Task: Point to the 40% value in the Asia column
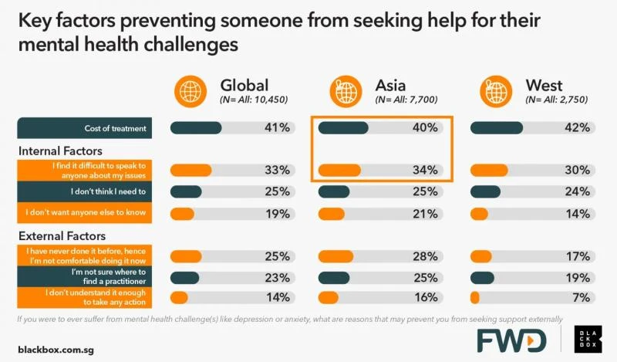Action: [425, 127]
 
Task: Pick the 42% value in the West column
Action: [577, 127]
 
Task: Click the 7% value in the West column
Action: [580, 297]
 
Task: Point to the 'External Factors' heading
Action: [61, 236]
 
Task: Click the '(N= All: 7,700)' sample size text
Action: [406, 100]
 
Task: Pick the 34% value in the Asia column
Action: [425, 170]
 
